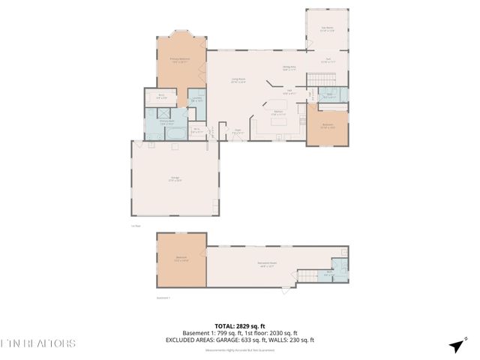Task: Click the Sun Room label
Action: click(327, 28)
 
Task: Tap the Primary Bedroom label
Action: click(179, 60)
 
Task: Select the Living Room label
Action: click(238, 81)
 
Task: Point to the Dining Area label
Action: click(289, 68)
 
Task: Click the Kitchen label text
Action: click(278, 112)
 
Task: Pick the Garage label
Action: click(175, 178)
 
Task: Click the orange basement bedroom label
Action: click(181, 259)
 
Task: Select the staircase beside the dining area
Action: click(324, 79)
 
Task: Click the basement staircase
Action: click(309, 276)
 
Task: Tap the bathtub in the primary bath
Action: click(177, 133)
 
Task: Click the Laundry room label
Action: click(196, 99)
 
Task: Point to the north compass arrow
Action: click(455, 346)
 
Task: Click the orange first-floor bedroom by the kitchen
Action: click(328, 126)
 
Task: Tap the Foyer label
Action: click(237, 131)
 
